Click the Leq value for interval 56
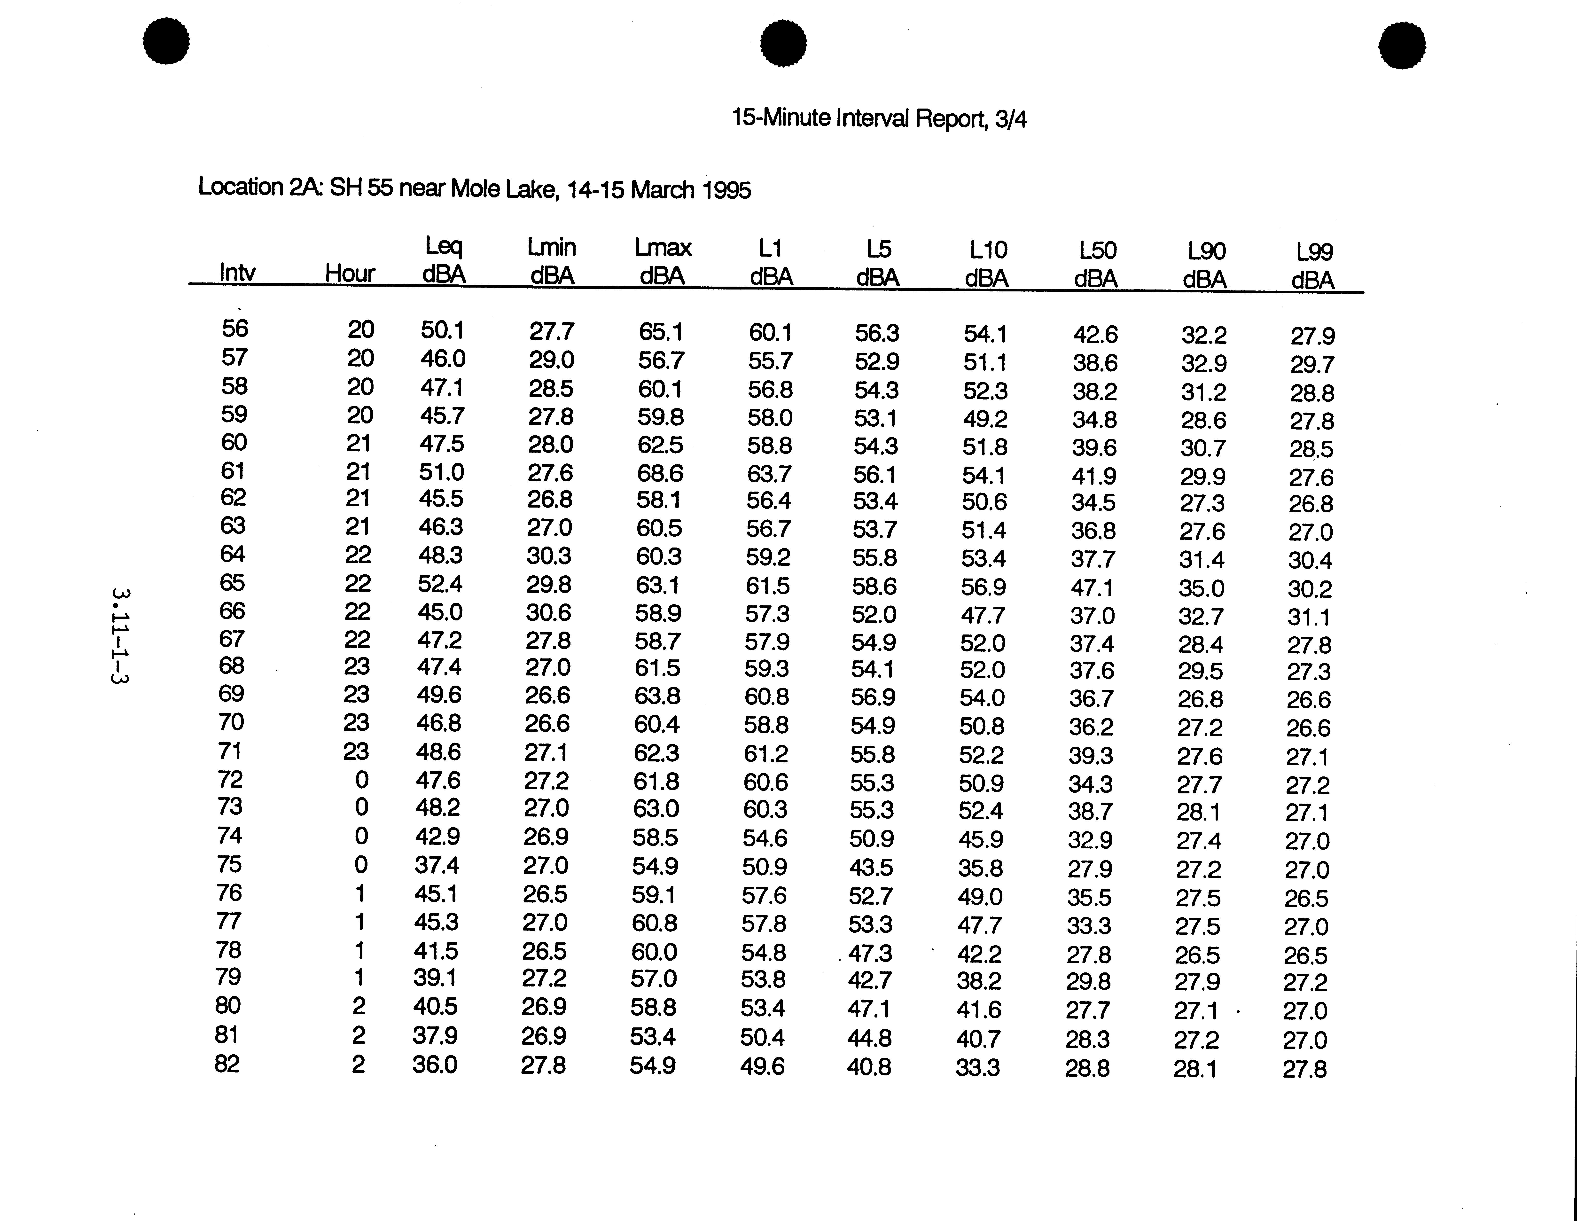442,330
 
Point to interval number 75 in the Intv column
230,864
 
